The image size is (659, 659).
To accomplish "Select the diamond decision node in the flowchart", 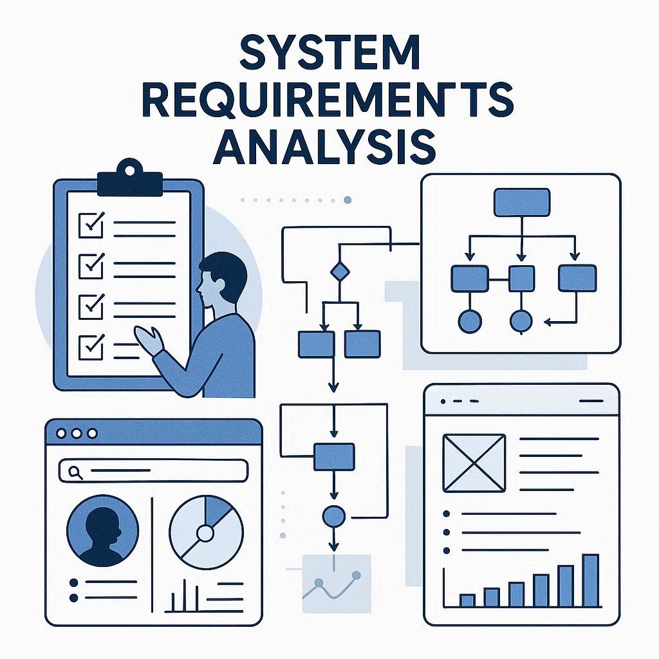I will pyautogui.click(x=339, y=272).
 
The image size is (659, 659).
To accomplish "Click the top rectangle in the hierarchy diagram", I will pyautogui.click(x=521, y=202).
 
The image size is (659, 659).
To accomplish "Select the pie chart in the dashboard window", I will pyautogui.click(x=206, y=531).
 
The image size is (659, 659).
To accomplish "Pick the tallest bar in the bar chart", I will pyautogui.click(x=590, y=580).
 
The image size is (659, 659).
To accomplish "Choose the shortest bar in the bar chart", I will pyautogui.click(x=467, y=600).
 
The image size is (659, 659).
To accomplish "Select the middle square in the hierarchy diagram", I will pyautogui.click(x=521, y=278).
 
